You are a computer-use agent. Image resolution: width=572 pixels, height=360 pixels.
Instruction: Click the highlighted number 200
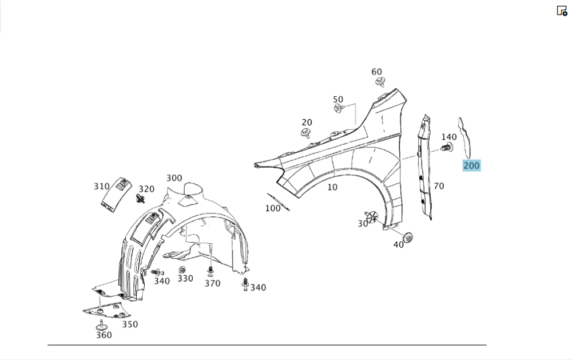(x=471, y=166)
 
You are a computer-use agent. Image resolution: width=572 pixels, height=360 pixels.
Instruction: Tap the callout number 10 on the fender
(x=332, y=187)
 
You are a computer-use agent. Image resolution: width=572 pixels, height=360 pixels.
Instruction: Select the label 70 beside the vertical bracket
(x=439, y=186)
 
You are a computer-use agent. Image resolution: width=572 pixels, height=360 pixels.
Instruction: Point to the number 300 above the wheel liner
(x=174, y=178)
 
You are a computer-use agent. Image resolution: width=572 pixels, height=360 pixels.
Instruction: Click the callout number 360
(x=104, y=335)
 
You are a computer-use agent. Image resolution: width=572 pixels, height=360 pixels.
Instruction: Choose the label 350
(x=130, y=325)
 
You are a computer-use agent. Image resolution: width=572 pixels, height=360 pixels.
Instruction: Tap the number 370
(x=212, y=283)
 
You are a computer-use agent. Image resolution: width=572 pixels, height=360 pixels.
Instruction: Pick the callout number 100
(x=273, y=208)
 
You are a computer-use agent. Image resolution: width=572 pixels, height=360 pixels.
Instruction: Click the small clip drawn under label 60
(x=379, y=82)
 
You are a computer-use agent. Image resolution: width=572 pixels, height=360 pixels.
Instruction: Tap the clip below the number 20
(x=307, y=134)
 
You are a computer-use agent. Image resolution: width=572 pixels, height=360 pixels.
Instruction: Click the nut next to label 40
(x=408, y=237)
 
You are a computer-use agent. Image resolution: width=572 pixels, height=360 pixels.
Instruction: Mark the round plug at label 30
(x=373, y=216)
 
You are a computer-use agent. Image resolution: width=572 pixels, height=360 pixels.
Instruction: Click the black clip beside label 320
(x=140, y=198)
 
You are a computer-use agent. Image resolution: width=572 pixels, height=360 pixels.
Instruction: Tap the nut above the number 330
(x=182, y=270)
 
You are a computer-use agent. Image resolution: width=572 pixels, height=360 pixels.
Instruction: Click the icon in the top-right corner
(x=562, y=10)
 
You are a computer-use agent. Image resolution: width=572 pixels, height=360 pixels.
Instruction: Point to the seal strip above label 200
(x=466, y=137)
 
